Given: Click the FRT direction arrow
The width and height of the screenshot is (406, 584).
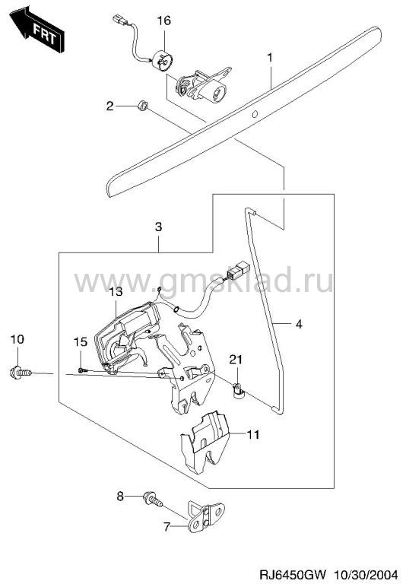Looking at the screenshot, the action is (x=36, y=31).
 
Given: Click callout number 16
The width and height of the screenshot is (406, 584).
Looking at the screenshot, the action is (x=163, y=20).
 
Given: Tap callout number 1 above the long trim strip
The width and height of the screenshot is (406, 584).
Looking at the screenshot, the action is (x=270, y=58).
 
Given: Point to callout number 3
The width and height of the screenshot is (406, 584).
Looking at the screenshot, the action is (x=158, y=227).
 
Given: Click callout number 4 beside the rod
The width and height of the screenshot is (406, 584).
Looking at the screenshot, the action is (x=299, y=324).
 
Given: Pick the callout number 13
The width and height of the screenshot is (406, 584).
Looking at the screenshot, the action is (x=116, y=291).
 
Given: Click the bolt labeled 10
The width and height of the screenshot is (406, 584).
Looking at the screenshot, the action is (x=21, y=372).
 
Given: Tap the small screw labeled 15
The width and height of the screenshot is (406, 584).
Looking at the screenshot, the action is (x=83, y=370).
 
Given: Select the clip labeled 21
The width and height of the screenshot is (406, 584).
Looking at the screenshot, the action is (x=237, y=391).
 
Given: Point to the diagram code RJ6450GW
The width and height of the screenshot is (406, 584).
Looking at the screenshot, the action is (x=293, y=573).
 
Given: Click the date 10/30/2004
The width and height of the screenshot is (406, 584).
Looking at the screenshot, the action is (x=367, y=573).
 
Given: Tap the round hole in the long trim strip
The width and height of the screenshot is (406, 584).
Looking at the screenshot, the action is (x=255, y=114).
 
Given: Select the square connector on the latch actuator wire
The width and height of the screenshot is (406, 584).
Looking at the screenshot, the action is (x=237, y=271).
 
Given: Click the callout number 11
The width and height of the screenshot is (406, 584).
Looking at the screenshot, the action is (x=253, y=434).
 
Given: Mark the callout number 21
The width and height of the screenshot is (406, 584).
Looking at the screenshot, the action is (x=236, y=360).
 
